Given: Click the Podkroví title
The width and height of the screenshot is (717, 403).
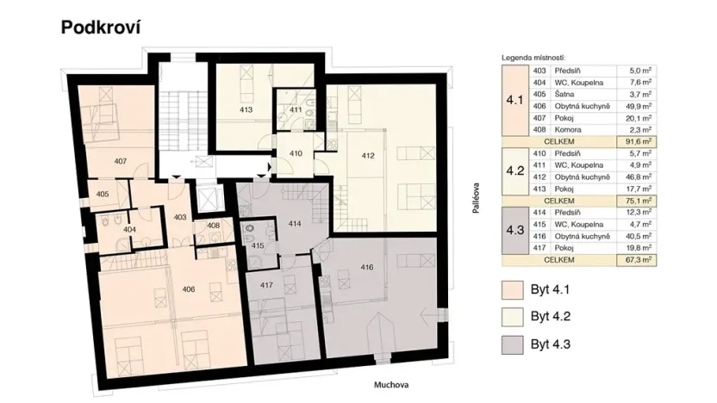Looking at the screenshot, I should (100, 27).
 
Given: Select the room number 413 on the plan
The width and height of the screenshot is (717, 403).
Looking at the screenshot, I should (246, 110).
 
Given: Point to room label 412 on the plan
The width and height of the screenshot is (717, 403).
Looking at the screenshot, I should (369, 155).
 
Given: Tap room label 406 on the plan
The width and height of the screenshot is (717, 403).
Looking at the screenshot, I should (189, 289).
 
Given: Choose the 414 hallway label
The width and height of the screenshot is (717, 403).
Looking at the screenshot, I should (294, 224).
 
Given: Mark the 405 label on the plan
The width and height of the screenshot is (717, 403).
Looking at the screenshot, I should (102, 195).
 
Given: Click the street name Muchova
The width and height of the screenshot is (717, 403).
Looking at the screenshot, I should (390, 386).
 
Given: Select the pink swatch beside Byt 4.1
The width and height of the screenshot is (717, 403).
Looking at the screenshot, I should (514, 288).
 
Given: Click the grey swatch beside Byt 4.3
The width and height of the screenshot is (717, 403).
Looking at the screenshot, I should (514, 345).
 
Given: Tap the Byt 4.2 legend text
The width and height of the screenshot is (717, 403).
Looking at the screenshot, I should (552, 317).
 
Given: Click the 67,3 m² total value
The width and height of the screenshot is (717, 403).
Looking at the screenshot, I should (637, 257).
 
